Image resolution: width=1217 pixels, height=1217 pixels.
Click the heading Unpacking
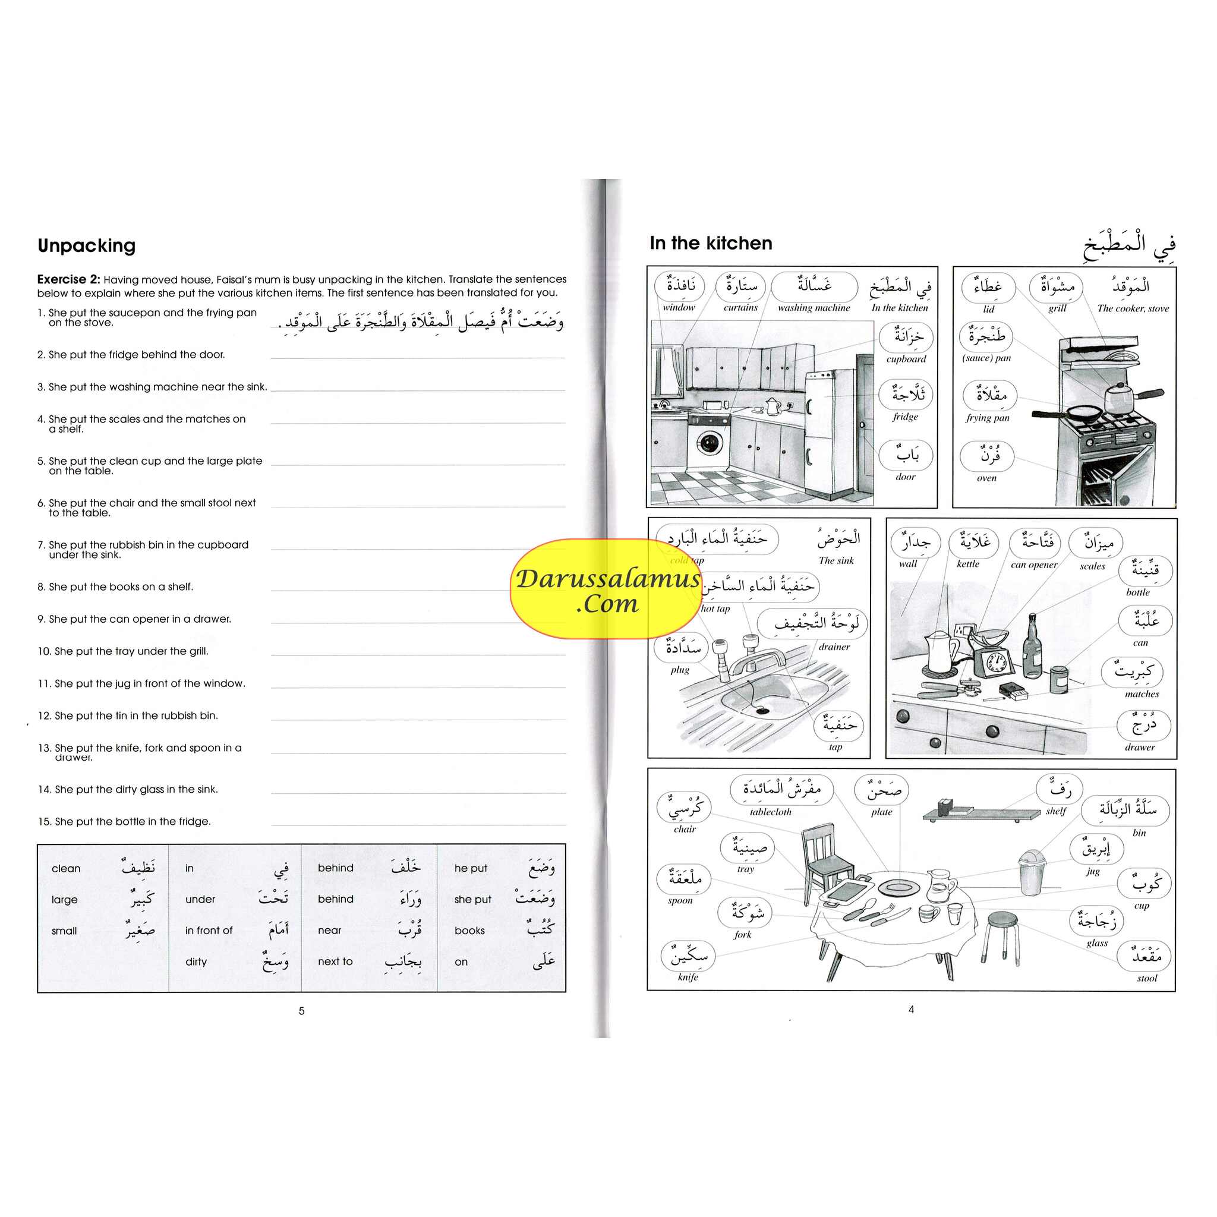coord(86,245)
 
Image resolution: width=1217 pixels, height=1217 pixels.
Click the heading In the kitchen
coord(711,243)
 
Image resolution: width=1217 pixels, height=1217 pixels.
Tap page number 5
coord(301,1011)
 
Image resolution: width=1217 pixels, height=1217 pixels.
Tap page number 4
coord(911,1010)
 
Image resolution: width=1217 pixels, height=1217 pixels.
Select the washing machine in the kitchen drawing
coord(710,441)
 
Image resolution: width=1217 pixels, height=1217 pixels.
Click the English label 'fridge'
coord(905,417)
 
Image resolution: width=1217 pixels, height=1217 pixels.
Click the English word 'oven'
coord(986,478)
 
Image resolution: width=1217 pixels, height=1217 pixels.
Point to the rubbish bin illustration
coord(1032,872)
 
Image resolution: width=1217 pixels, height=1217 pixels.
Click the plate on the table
coord(899,888)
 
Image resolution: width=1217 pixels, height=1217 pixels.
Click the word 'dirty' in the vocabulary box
coord(196,962)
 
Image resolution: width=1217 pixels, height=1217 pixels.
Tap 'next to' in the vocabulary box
coord(335,962)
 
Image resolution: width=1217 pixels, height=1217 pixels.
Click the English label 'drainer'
coord(834,647)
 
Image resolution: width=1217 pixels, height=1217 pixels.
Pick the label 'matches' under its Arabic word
coord(1142,694)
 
